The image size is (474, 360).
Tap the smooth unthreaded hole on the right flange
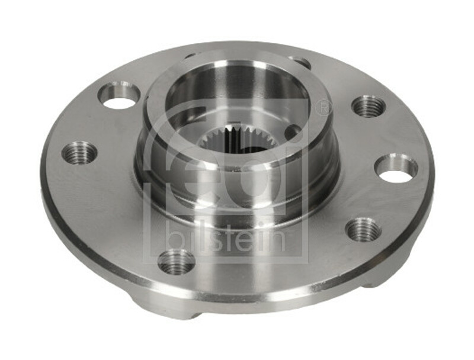pyautogui.click(x=396, y=168)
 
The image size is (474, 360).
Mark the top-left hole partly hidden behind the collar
pyautogui.click(x=191, y=56)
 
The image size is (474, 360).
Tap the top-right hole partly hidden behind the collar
pyautogui.click(x=299, y=62)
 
